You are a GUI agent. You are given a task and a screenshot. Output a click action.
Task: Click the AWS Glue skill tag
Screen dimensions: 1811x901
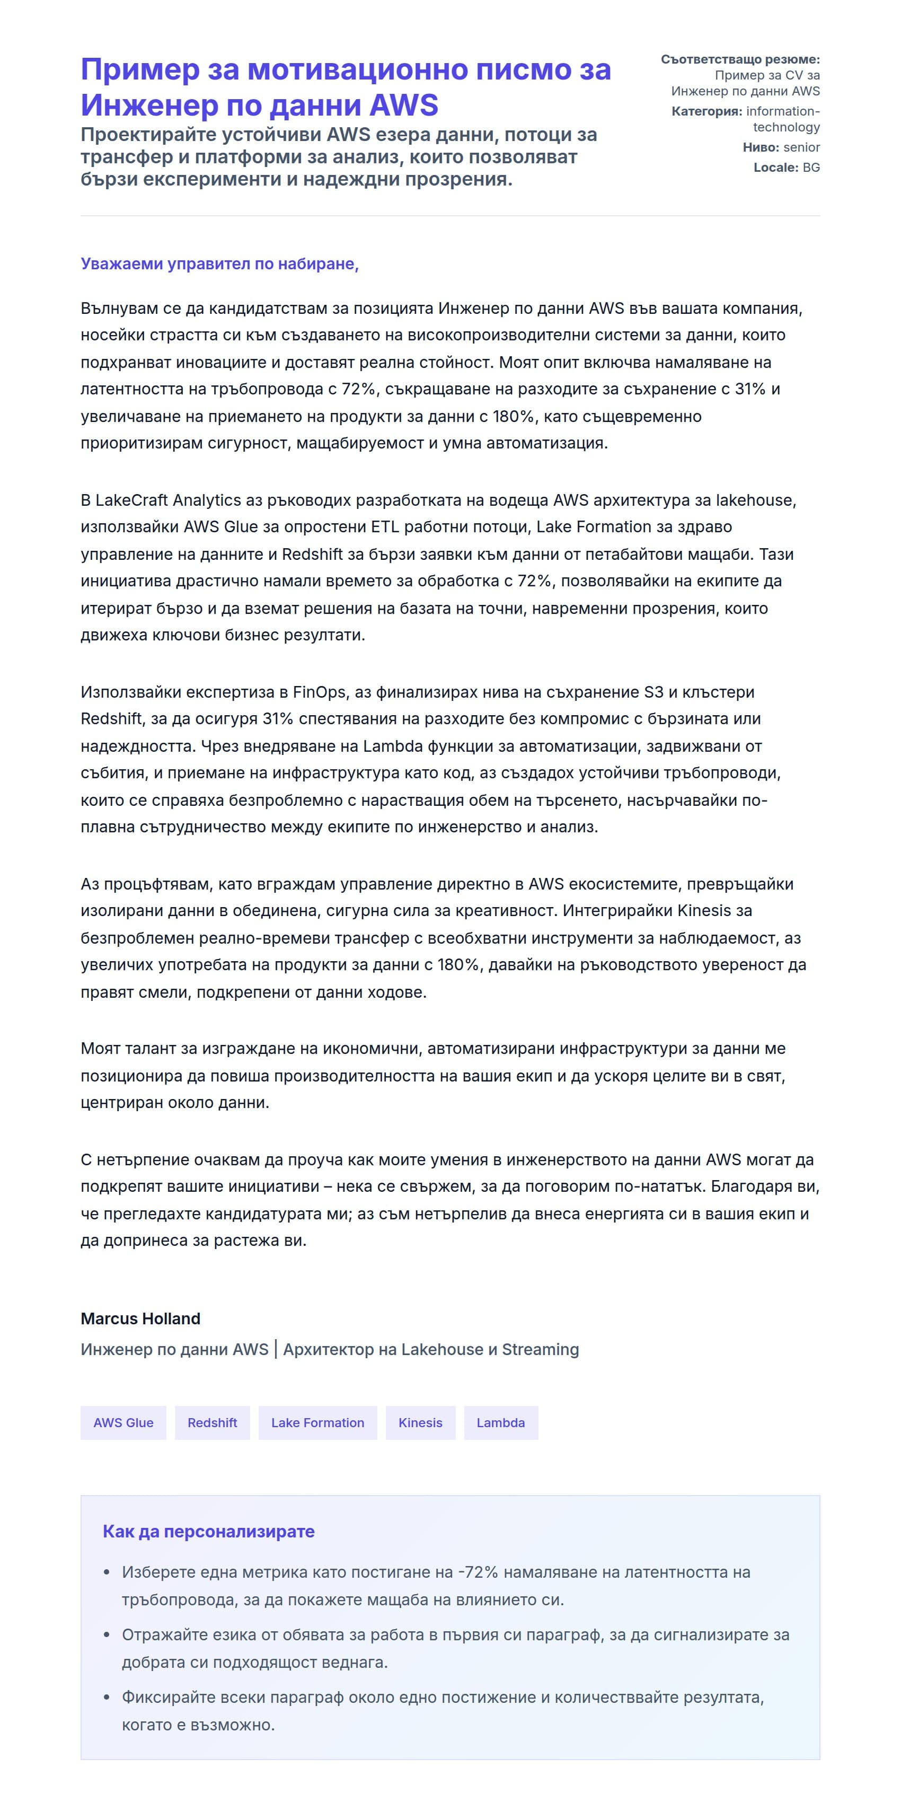coord(123,1422)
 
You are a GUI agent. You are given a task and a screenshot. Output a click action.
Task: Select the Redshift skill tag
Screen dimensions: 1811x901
coord(212,1422)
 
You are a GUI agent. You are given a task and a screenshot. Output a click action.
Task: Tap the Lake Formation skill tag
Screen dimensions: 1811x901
coord(317,1422)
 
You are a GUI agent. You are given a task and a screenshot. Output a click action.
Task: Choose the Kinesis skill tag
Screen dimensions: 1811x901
coord(420,1422)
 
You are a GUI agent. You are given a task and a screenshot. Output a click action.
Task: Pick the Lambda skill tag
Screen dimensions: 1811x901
coord(500,1422)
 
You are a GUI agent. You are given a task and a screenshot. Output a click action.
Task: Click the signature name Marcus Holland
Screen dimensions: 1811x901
coord(140,1318)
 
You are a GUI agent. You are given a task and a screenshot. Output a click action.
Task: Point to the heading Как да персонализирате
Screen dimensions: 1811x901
coord(209,1531)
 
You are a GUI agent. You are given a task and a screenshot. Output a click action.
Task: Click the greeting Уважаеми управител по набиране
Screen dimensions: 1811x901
coord(219,263)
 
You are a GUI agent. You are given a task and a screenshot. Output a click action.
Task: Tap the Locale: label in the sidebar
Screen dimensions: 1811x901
coord(776,168)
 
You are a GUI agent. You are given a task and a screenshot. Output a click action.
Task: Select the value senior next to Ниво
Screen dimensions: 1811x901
coord(801,147)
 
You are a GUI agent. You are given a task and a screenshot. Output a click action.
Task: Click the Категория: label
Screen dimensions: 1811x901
coord(706,111)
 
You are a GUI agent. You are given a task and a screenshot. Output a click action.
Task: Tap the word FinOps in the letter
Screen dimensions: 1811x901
coord(319,692)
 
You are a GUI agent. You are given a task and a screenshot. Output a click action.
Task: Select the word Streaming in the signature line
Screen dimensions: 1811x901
coord(541,1349)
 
